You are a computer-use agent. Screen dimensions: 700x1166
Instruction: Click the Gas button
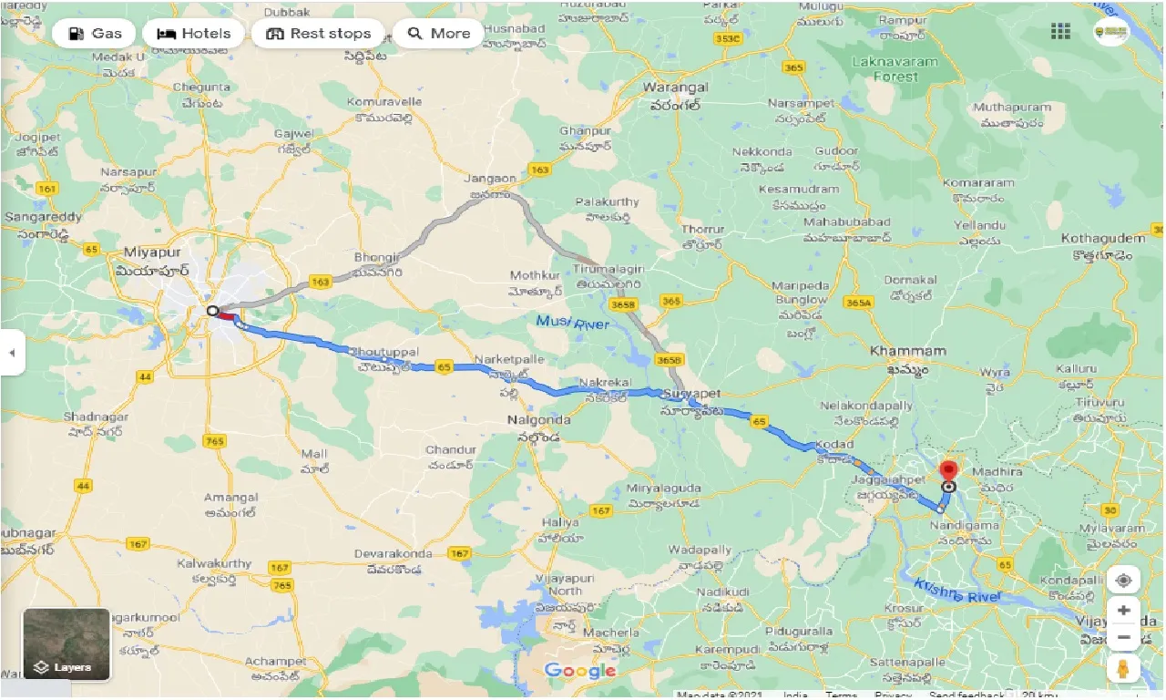coord(94,34)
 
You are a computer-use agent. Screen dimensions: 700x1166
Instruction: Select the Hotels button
coord(193,34)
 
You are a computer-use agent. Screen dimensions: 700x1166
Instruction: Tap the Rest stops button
coord(318,34)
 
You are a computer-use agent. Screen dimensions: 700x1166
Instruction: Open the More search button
coord(438,34)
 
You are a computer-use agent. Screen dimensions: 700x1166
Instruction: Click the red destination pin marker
coord(948,471)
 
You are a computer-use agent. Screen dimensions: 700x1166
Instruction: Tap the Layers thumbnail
coord(66,644)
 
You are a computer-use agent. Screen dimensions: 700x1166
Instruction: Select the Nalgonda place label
coord(537,420)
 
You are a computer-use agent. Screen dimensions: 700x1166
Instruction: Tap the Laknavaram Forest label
coord(884,69)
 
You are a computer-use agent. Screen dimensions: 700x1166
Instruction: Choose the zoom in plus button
coord(1124,610)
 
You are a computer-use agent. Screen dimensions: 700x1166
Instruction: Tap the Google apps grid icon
coord(1060,32)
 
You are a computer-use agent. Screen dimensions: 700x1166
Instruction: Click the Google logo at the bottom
coord(580,672)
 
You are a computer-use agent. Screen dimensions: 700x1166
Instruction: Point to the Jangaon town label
coord(489,180)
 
